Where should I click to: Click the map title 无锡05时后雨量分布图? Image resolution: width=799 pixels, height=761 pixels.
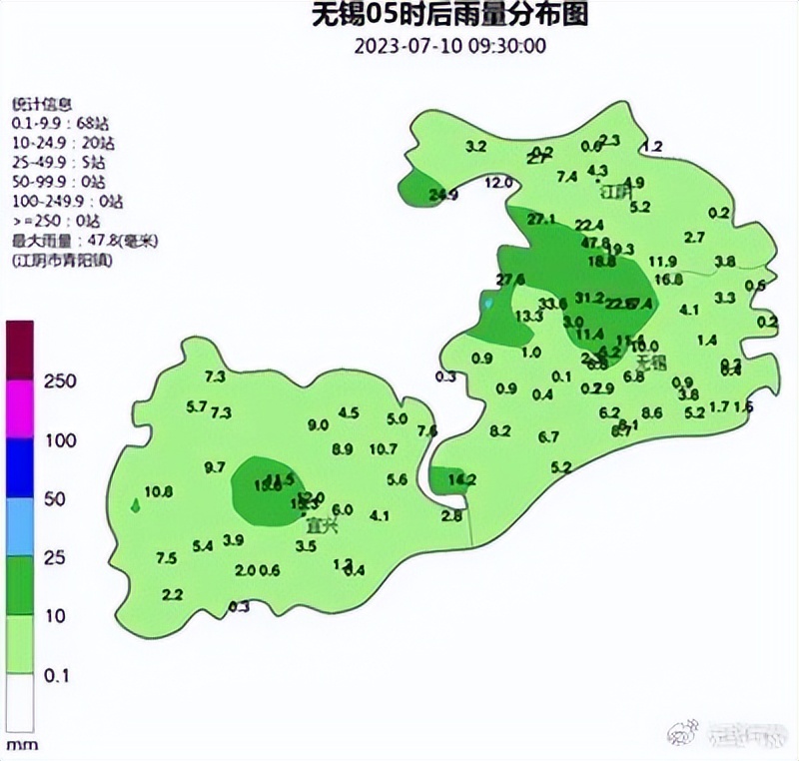(x=448, y=15)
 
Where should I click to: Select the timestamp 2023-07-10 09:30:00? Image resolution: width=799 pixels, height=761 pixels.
(x=449, y=46)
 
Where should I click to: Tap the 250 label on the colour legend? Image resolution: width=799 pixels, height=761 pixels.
(x=62, y=381)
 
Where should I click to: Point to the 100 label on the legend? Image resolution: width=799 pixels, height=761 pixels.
(x=62, y=440)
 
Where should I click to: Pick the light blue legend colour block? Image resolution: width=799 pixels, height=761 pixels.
(x=21, y=526)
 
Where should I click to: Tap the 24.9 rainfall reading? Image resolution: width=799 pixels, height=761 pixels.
(x=442, y=195)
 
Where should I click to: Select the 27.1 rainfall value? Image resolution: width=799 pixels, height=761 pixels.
(x=541, y=219)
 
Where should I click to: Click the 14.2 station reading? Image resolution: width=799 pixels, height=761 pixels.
(x=462, y=479)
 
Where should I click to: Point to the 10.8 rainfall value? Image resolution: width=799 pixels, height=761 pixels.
(x=159, y=491)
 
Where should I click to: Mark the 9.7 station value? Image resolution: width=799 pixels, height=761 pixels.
(x=215, y=467)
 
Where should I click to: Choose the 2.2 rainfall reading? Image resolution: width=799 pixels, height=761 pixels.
(x=172, y=595)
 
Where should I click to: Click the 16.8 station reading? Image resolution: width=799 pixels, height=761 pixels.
(x=669, y=279)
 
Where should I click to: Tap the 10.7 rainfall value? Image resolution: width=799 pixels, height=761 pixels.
(x=384, y=449)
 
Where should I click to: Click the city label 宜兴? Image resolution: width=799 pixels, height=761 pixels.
(x=322, y=523)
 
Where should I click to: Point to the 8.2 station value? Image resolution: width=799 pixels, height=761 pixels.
(x=500, y=431)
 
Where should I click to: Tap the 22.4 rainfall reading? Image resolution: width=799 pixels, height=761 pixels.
(x=589, y=225)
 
